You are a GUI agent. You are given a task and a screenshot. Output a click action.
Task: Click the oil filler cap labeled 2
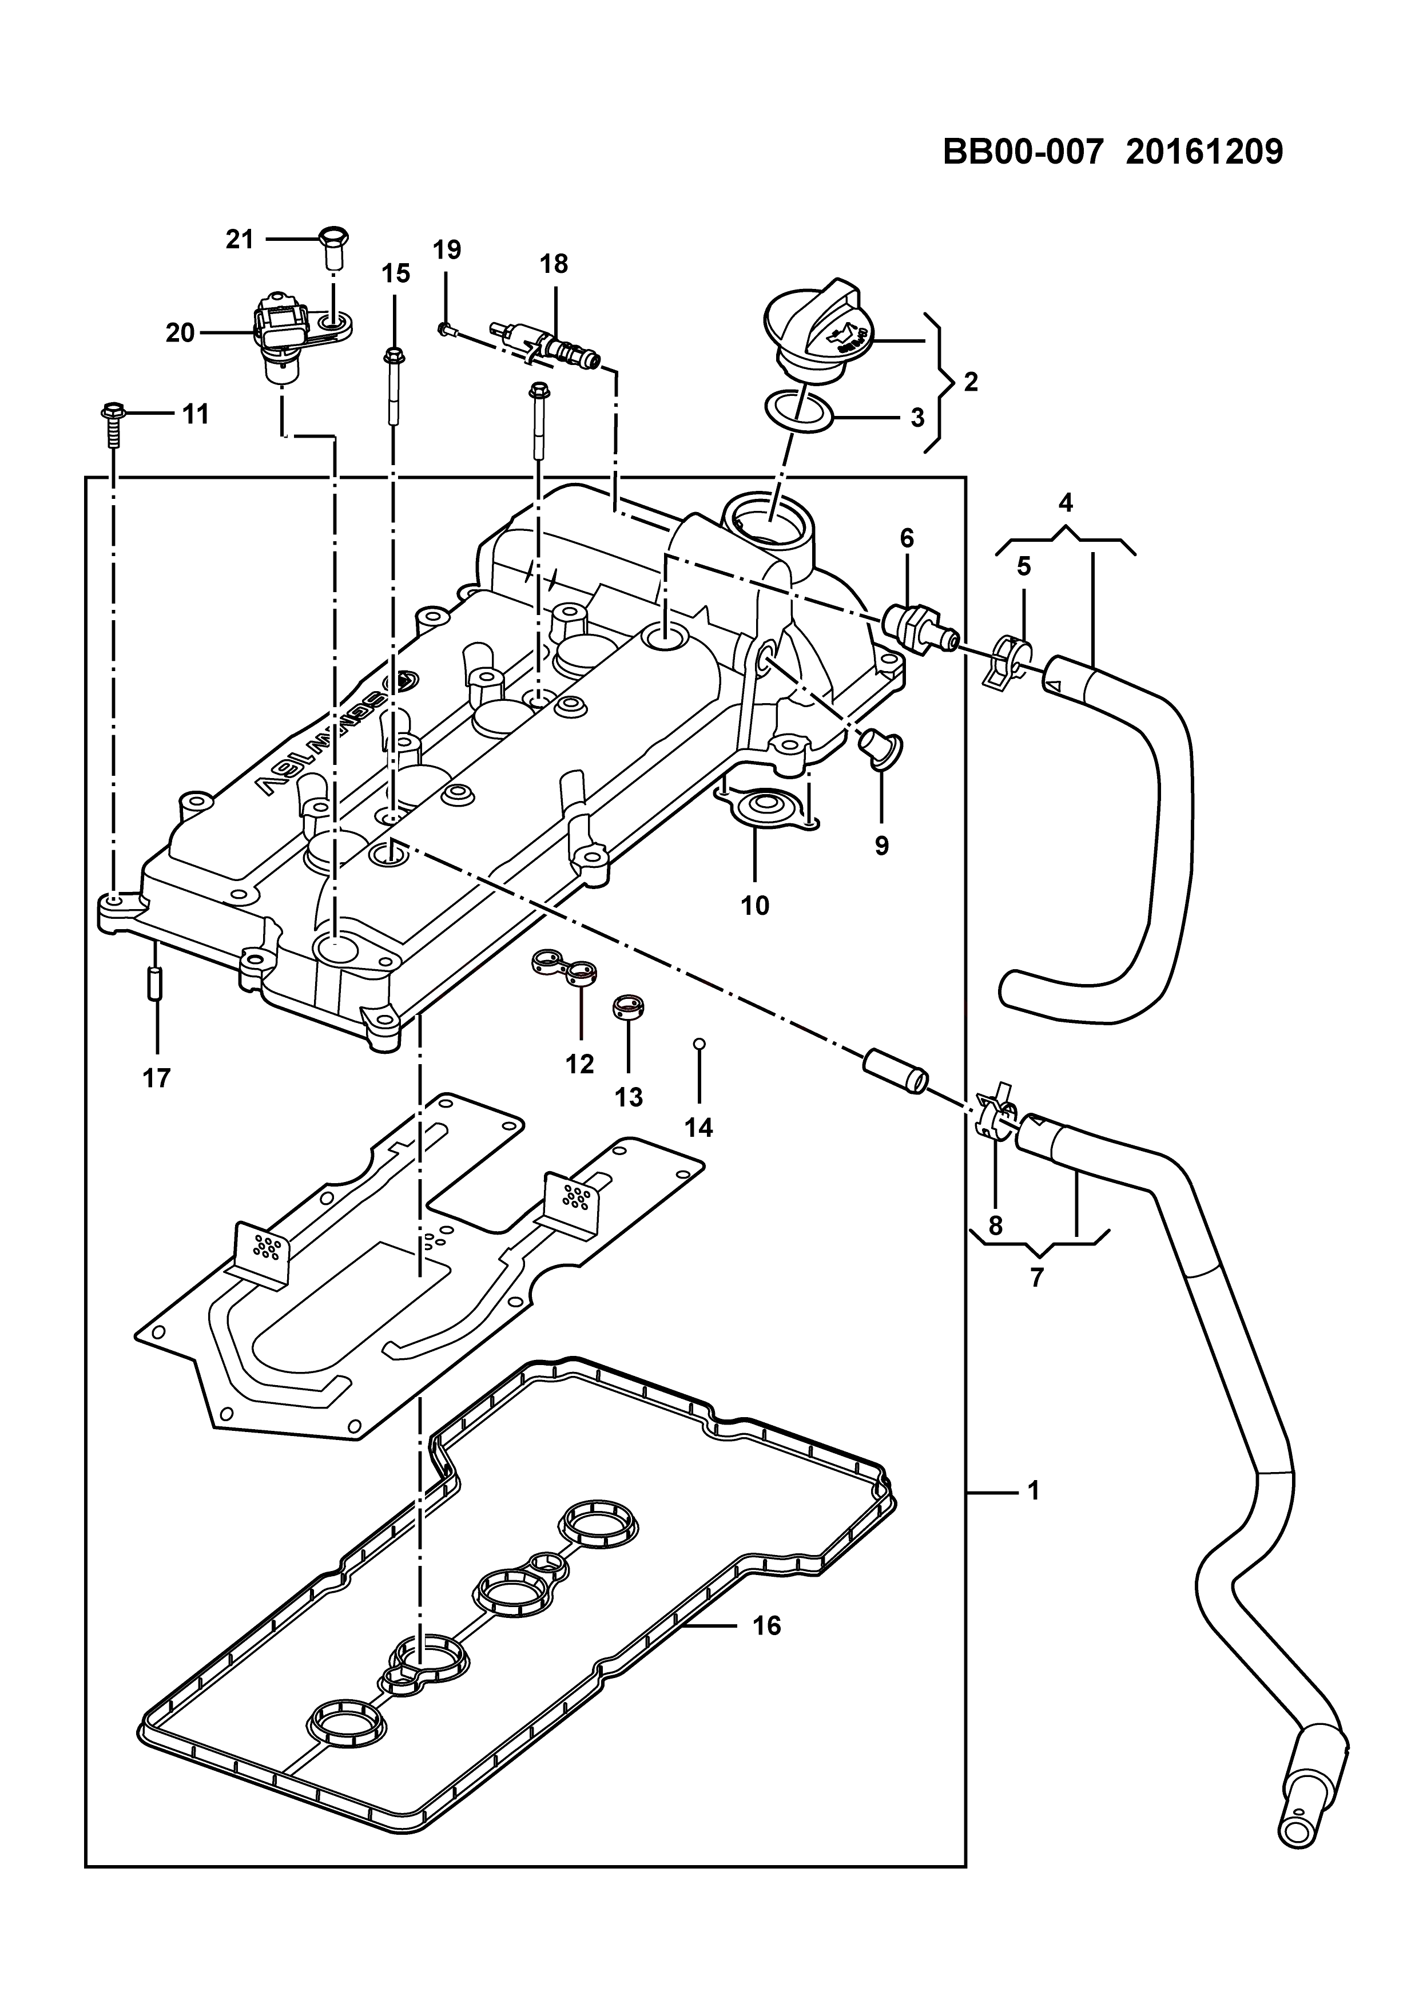click(x=814, y=331)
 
